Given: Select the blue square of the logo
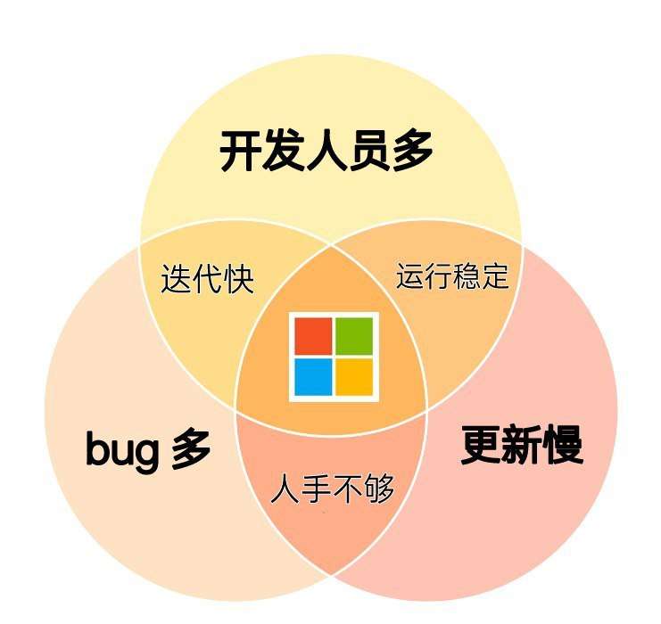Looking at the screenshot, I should click(313, 376).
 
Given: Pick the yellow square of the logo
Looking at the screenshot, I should click(354, 376).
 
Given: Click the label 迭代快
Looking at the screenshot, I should click(207, 279).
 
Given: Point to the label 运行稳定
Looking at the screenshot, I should click(452, 275).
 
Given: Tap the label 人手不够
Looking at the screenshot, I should click(332, 489).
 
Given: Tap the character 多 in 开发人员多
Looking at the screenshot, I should click(411, 152).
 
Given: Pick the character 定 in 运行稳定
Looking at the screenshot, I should click(494, 275).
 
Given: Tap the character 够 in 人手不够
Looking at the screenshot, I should click(378, 489).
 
